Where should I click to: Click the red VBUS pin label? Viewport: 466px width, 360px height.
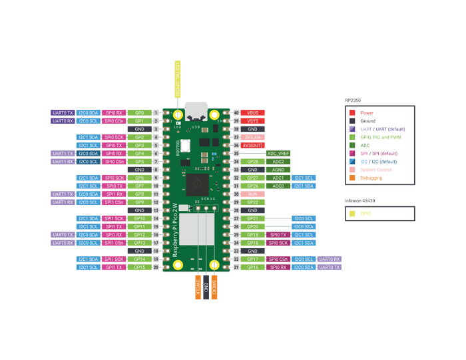253,112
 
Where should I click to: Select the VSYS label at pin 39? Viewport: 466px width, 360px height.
253,120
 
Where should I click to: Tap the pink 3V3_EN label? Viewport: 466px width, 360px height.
253,137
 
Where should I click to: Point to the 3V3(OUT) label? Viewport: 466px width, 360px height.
253,145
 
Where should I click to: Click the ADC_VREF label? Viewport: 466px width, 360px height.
278,153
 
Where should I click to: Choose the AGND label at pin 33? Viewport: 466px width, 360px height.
278,170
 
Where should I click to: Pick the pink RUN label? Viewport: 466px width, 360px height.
253,194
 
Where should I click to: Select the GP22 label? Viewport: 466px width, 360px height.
253,202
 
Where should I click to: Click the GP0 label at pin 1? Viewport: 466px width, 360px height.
139,112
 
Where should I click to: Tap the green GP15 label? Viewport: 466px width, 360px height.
139,267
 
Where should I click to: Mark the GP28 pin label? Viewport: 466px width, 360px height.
253,161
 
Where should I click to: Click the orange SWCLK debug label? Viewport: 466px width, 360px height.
198,287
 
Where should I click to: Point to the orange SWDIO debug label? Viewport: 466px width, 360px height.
214,287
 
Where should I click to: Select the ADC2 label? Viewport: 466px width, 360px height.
278,161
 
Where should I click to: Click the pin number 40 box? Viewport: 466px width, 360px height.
236,112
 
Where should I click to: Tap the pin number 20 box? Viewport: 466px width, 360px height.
156,267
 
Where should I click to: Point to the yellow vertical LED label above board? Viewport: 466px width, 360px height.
178,79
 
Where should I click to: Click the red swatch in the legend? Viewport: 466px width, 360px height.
351,112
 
